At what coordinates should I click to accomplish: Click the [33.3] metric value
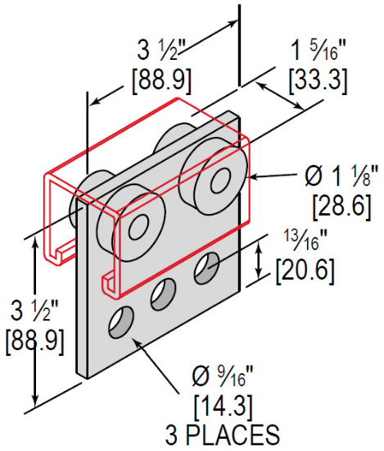(x=316, y=80)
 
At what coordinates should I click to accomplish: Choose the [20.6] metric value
(x=305, y=269)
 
